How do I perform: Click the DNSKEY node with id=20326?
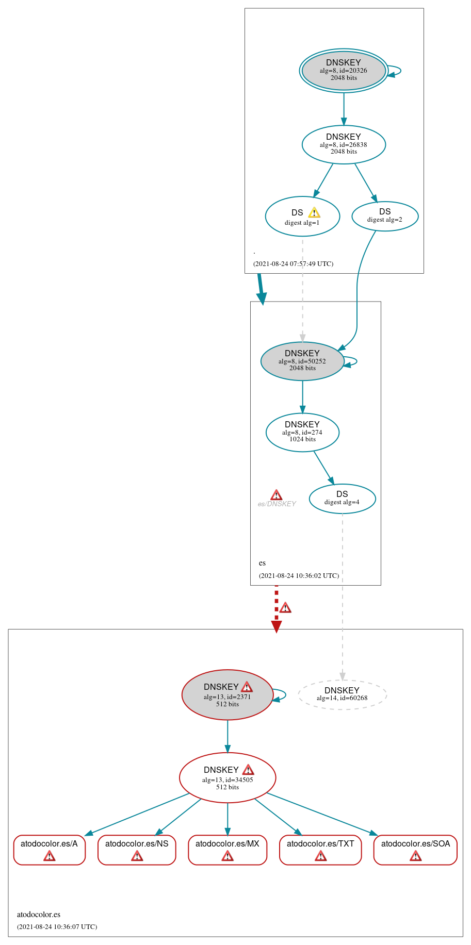tap(344, 71)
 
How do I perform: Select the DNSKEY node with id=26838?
tap(344, 144)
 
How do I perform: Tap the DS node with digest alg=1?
tap(302, 217)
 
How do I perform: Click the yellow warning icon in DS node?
tap(314, 212)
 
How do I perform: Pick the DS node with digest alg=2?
tap(385, 216)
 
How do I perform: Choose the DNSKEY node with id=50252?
tap(302, 361)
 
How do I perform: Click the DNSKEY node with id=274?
tap(302, 432)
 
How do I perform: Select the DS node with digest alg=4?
tap(342, 499)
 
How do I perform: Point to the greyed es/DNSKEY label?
tap(277, 504)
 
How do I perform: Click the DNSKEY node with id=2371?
tap(227, 694)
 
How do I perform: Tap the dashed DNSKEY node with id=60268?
tap(342, 694)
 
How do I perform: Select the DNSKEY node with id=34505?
tap(228, 777)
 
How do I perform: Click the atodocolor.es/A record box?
tap(49, 849)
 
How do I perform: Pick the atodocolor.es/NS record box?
tap(137, 849)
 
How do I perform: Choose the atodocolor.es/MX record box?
tap(228, 849)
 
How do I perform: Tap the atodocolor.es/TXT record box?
tap(320, 849)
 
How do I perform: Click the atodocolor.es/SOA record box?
tap(415, 849)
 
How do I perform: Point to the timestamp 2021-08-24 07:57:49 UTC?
tap(293, 264)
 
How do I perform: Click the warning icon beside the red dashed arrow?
tap(285, 608)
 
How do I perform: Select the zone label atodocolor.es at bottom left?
tap(39, 915)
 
